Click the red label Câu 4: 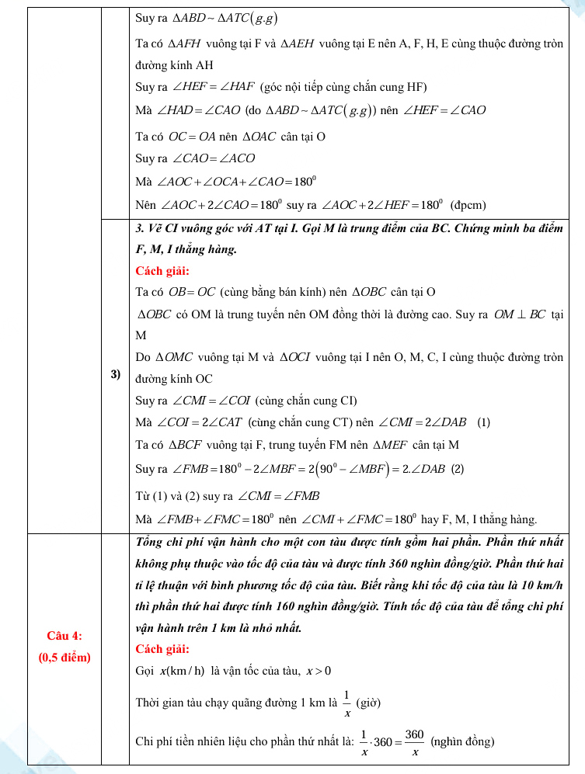click(x=64, y=636)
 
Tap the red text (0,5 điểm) click(x=64, y=658)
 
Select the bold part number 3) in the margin click(x=116, y=374)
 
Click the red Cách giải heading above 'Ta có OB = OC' click(x=162, y=271)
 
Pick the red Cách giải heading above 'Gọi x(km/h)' click(x=162, y=649)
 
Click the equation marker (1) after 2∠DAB click(x=484, y=423)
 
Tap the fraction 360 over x click(x=415, y=742)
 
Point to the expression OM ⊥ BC click(x=521, y=316)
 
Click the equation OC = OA click(x=192, y=136)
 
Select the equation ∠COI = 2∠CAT click(x=200, y=423)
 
